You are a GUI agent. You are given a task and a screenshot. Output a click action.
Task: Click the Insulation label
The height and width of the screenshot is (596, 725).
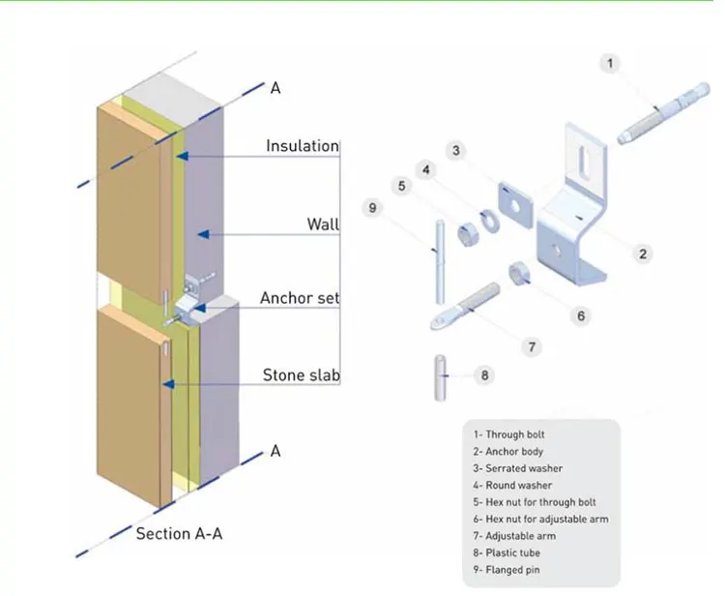(x=303, y=146)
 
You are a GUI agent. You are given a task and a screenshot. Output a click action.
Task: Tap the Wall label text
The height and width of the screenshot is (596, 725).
(x=323, y=224)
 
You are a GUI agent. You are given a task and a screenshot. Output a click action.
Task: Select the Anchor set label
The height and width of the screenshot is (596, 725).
(x=300, y=298)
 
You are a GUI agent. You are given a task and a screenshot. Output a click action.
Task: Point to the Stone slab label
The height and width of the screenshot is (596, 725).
(x=301, y=374)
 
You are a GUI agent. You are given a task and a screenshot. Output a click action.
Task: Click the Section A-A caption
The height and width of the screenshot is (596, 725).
(x=184, y=533)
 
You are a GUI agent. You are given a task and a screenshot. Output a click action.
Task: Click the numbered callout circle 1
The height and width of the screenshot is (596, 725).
(x=609, y=65)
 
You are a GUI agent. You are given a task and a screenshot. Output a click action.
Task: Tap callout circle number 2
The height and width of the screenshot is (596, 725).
(x=642, y=253)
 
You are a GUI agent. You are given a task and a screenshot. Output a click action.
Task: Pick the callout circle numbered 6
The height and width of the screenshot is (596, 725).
(x=580, y=315)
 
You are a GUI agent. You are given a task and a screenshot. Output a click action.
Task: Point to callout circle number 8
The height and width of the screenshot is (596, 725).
(x=484, y=374)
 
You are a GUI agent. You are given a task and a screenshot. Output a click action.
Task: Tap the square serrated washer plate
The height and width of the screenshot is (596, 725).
(x=516, y=202)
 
